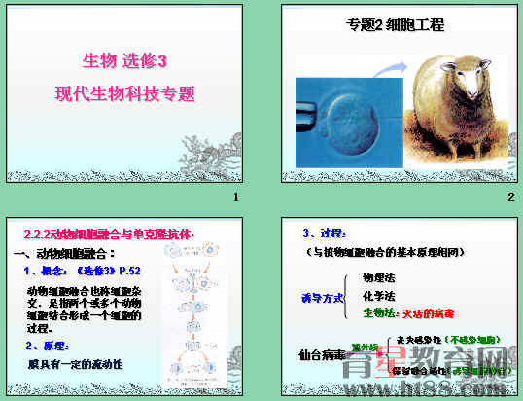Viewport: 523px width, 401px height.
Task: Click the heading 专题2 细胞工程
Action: tap(393, 24)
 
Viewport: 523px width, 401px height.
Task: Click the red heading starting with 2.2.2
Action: tap(110, 236)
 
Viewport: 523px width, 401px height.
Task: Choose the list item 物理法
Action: tap(378, 278)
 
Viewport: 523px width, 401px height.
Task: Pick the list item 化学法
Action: tap(378, 295)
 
